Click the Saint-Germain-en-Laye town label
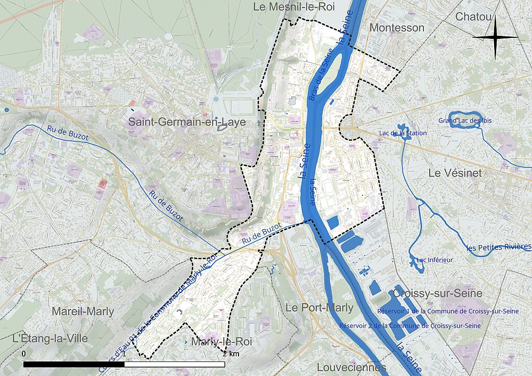point(187,122)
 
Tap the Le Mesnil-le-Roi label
point(294,7)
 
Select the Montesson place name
point(396,28)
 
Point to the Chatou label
point(473,17)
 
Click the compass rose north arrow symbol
point(495,37)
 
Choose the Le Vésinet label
point(455,173)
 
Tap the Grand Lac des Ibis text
point(464,121)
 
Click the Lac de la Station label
point(403,133)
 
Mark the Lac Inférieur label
point(435,260)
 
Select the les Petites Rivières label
point(499,247)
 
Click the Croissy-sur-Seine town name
point(437,293)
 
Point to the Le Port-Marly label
point(320,307)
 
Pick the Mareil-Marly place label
point(83,312)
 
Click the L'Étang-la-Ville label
point(49,339)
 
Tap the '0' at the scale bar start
point(23,354)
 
